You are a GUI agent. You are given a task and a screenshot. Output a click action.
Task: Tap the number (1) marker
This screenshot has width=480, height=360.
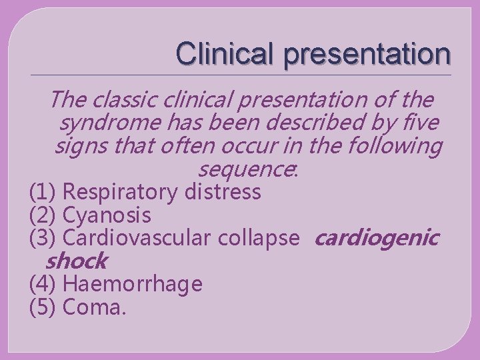[x=43, y=193]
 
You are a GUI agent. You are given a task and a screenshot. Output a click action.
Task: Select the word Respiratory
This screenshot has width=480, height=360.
[x=121, y=193]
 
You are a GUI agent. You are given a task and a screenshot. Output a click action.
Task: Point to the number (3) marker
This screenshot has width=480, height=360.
[x=43, y=238]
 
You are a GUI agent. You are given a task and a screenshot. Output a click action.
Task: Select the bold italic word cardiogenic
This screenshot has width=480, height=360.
[x=376, y=238]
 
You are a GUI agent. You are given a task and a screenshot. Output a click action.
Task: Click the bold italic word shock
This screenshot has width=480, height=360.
[x=77, y=261]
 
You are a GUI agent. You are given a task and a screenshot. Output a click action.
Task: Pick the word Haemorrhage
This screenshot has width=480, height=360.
[x=132, y=284]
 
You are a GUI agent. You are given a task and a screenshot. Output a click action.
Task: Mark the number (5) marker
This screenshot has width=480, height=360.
[x=43, y=307]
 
